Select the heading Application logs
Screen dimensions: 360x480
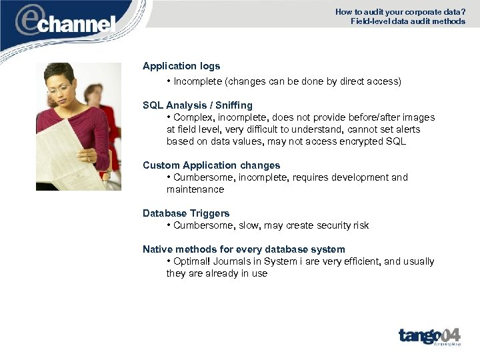pos(181,66)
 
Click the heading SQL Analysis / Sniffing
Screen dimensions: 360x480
pos(197,105)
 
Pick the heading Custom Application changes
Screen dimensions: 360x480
pos(211,165)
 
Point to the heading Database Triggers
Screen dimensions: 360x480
pos(186,213)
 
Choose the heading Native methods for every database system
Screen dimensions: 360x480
pos(244,249)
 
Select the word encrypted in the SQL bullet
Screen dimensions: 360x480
pos(359,141)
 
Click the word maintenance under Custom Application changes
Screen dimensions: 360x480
pos(195,189)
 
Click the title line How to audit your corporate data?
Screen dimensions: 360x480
pos(400,11)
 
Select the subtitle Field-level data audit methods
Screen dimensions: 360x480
pos(408,21)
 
